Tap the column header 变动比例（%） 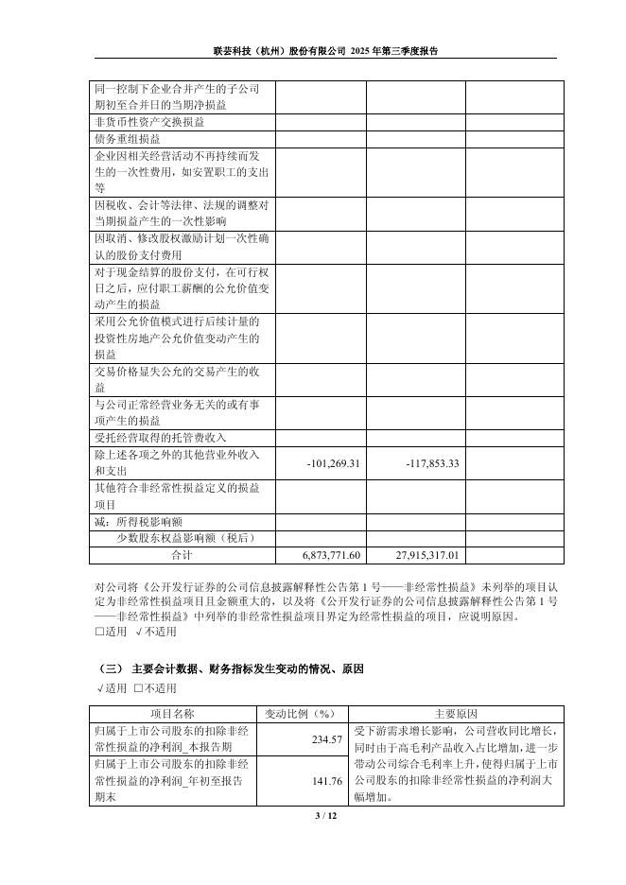(x=302, y=713)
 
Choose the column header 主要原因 (x=456, y=713)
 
